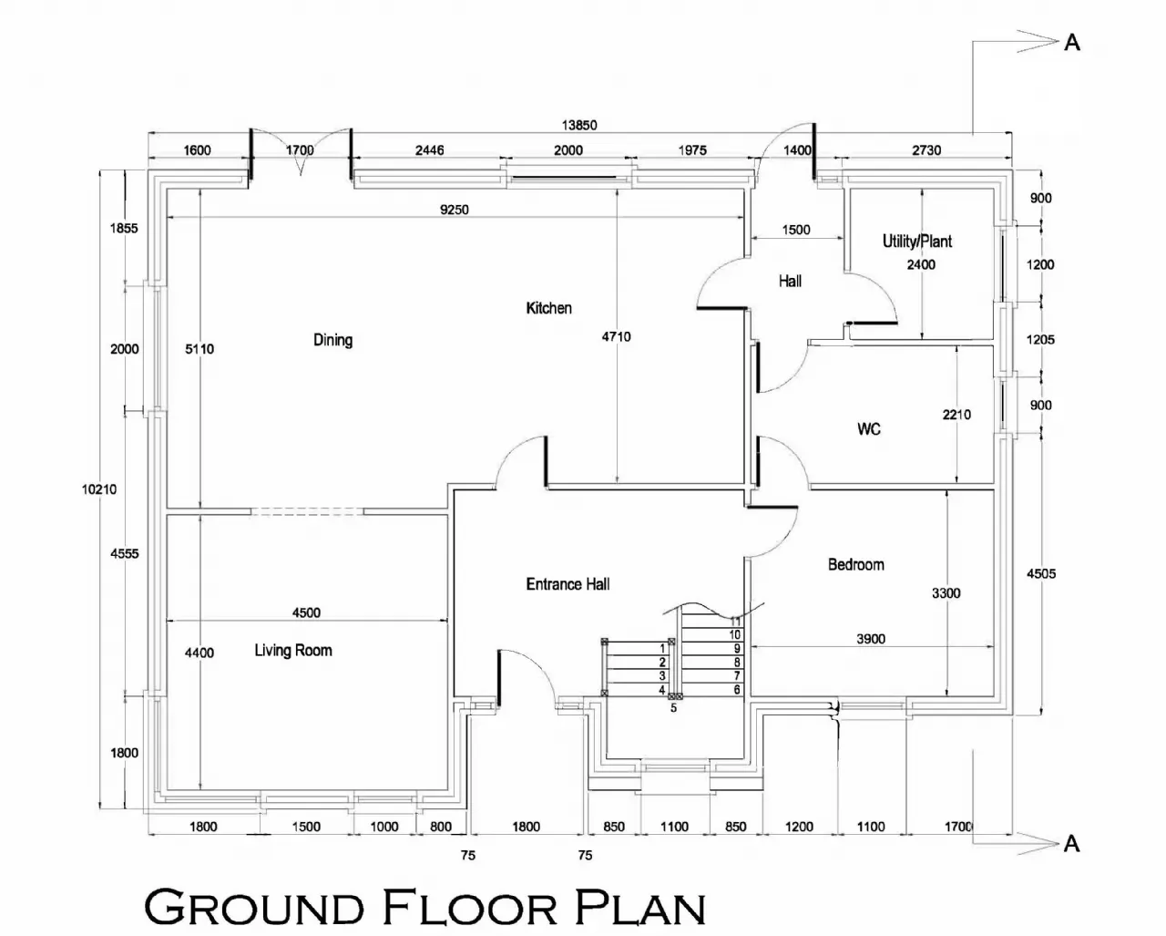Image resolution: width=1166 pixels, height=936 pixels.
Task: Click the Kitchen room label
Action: point(549,308)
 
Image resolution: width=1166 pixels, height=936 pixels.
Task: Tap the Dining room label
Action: point(332,340)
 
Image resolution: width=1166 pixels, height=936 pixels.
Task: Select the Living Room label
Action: point(293,650)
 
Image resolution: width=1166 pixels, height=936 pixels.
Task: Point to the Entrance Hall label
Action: point(568,584)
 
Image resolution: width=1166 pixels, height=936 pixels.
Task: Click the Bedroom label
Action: point(855,564)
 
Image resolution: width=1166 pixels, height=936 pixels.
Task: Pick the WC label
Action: point(868,429)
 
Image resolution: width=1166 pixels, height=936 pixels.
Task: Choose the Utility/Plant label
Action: point(916,241)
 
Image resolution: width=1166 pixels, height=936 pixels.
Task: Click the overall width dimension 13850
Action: point(579,125)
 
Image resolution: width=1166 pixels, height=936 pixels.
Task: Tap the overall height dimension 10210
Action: point(99,489)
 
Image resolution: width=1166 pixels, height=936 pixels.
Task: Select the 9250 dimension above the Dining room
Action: point(454,210)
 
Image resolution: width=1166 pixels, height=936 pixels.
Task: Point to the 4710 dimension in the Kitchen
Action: point(616,337)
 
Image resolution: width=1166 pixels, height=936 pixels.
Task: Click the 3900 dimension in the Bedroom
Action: point(871,639)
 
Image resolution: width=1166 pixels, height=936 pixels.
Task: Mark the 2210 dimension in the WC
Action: point(956,415)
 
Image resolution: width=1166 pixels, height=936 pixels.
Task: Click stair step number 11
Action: point(735,621)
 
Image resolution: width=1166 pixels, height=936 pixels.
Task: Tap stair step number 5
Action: point(673,707)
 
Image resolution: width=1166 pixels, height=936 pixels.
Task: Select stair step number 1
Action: point(662,648)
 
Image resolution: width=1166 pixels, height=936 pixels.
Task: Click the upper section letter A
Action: point(1072,42)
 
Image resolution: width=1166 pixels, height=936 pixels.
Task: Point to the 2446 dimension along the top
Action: point(429,149)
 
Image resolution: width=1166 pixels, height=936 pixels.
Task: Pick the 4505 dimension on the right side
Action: point(1041,573)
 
